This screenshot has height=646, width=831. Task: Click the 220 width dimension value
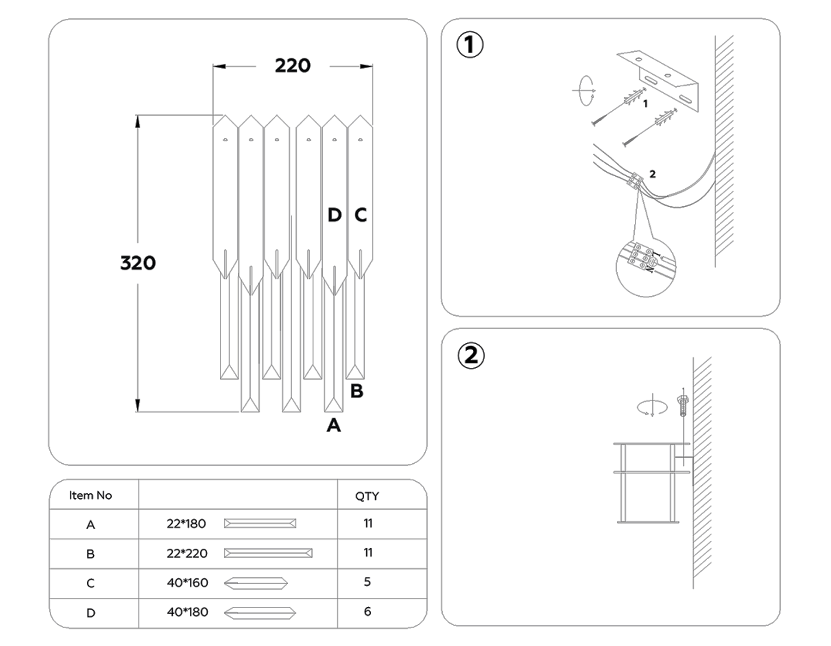293,66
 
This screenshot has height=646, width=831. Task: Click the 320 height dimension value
138,263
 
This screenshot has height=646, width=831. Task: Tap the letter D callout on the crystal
334,215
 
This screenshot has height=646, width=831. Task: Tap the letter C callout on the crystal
361,215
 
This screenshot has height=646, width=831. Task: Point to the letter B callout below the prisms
356,391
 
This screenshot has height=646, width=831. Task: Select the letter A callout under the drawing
333,425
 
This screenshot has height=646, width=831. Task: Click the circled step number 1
470,45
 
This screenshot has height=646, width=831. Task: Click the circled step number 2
470,355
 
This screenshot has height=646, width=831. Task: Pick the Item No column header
90,495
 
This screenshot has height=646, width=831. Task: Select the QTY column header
367,496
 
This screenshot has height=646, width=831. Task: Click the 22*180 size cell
186,524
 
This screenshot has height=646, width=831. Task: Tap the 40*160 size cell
187,583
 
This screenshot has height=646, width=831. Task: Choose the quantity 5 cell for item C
367,582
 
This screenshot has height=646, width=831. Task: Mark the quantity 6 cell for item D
367,611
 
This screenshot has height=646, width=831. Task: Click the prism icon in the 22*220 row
268,553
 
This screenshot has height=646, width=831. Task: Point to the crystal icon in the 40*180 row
259,613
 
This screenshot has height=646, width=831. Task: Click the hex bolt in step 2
682,405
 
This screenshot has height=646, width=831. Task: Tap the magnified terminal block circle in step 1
645,267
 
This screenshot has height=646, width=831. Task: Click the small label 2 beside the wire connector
652,174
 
